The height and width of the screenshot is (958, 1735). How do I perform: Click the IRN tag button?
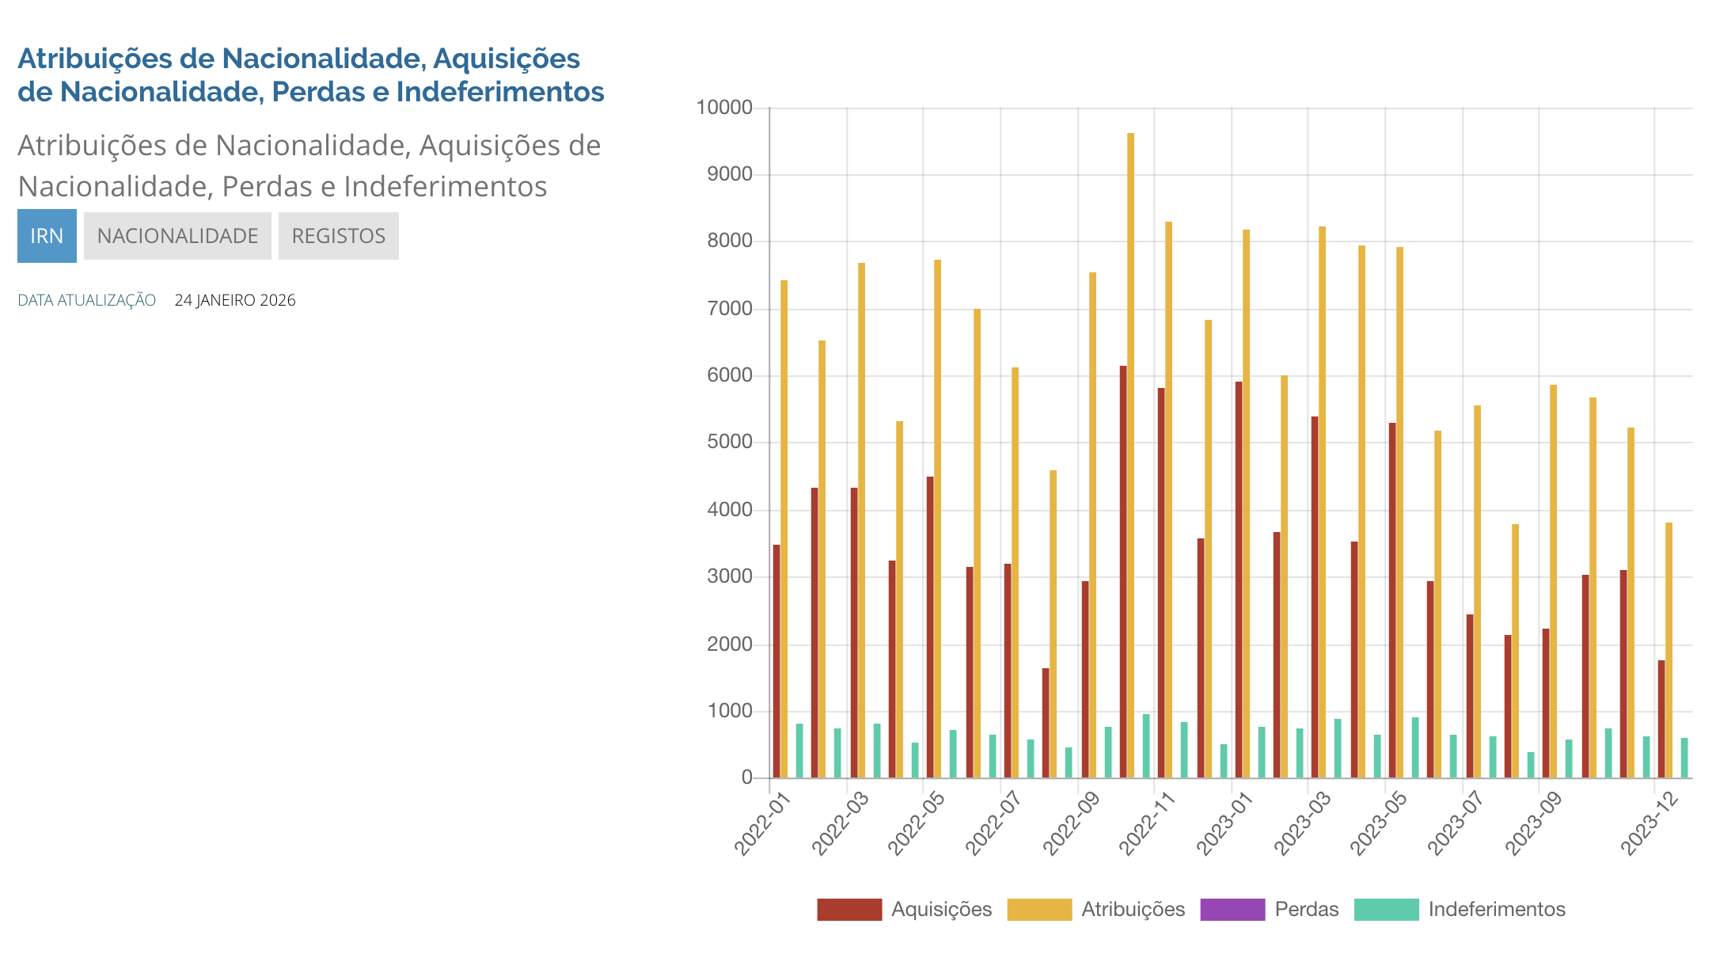pos(47,236)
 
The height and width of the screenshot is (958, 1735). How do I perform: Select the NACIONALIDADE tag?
pos(177,236)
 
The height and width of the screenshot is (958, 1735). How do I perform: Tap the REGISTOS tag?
pos(338,236)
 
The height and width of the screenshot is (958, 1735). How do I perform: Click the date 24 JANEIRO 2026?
pos(235,300)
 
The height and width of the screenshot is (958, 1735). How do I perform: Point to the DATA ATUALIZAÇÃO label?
pos(86,300)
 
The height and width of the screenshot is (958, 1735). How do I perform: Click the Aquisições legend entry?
pos(941,909)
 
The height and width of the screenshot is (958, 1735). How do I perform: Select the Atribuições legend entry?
pos(1133,909)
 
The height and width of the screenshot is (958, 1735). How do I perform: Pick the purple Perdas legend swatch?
pos(1232,910)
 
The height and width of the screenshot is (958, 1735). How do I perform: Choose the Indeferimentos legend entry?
pos(1496,909)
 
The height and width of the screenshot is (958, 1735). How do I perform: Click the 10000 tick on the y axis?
pos(723,108)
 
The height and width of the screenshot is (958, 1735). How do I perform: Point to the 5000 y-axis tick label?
pos(730,442)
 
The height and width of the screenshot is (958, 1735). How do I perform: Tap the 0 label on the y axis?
pos(746,777)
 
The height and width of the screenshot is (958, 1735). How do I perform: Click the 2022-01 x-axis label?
pos(761,824)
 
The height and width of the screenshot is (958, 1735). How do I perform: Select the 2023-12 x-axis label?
pos(1649,824)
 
